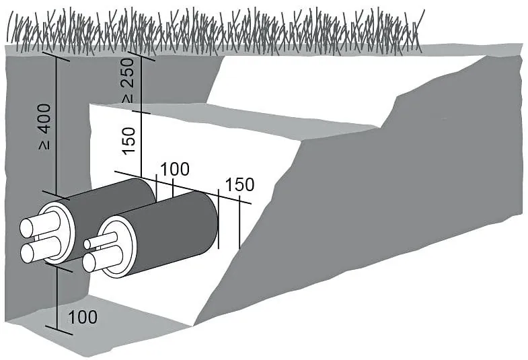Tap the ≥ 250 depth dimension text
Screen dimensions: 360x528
coord(128,80)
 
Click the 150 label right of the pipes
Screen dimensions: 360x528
coord(239,185)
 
